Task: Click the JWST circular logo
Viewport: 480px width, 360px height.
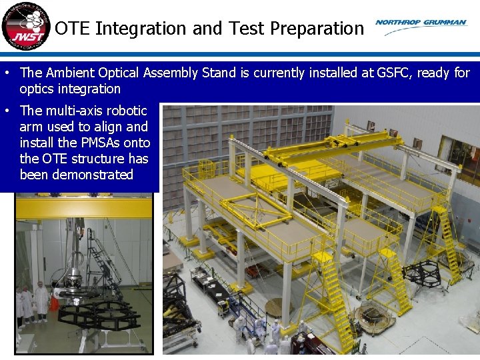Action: pos(25,26)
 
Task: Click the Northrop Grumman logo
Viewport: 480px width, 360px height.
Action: pos(421,23)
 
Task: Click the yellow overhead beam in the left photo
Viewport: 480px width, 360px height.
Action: pos(87,209)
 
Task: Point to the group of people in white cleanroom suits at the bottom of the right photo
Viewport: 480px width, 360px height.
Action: pos(263,333)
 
